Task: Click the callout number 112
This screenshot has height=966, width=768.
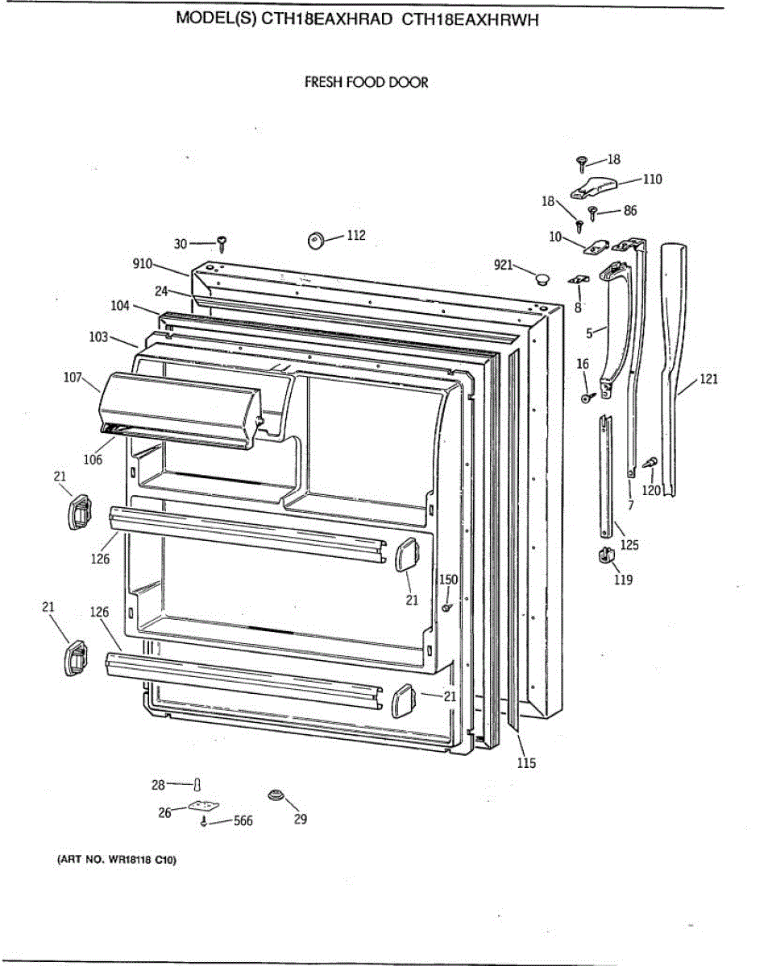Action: [x=356, y=235]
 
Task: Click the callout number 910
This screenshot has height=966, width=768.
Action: [x=143, y=263]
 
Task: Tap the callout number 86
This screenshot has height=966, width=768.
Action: [x=630, y=211]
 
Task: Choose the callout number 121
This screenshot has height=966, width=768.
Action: [x=708, y=379]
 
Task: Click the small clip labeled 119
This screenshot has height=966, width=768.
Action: [x=604, y=555]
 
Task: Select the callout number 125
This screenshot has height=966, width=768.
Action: [x=629, y=545]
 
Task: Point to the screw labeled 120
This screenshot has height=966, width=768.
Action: [x=650, y=464]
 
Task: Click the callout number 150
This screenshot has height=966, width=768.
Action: [x=448, y=580]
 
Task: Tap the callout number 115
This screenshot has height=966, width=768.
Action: [x=525, y=763]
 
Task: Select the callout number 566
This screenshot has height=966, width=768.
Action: [x=243, y=821]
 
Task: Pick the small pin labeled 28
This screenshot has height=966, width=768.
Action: [x=197, y=784]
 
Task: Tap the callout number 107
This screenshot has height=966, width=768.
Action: [x=73, y=376]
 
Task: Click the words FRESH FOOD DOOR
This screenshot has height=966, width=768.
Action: [x=366, y=82]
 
